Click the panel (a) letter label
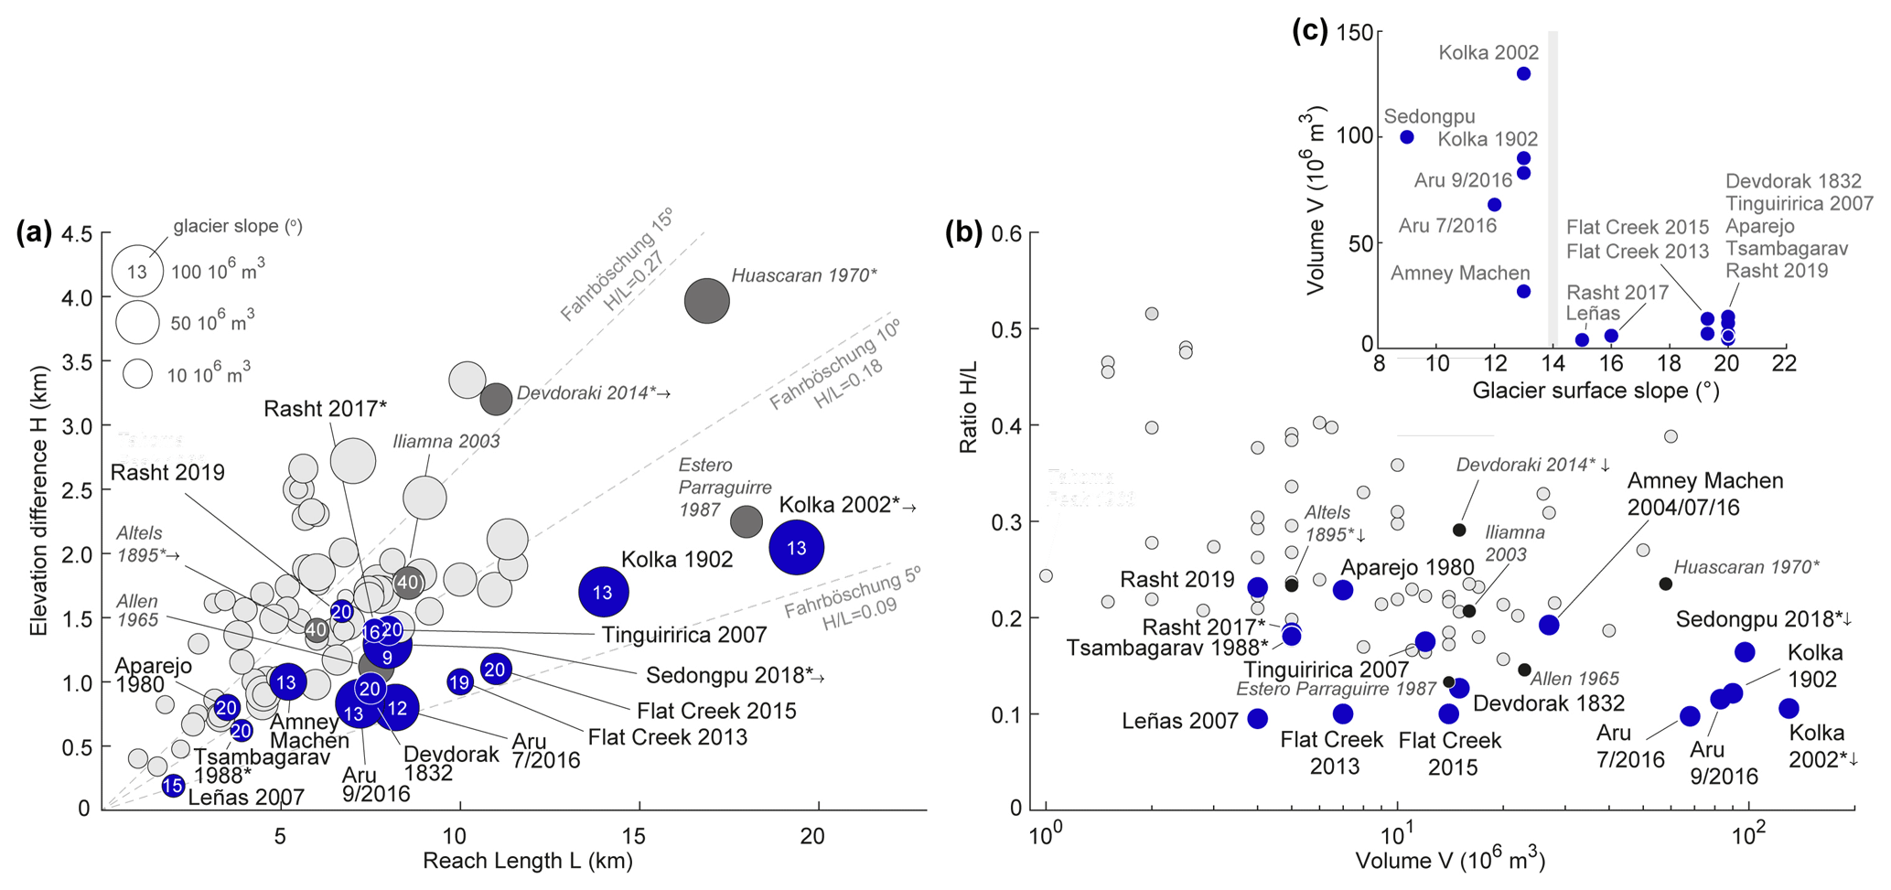pyautogui.click(x=34, y=233)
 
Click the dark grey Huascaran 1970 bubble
pyautogui.click(x=707, y=301)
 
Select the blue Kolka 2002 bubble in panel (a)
pyautogui.click(x=797, y=548)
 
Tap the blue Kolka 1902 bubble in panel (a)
pyautogui.click(x=603, y=593)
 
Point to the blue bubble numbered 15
pyautogui.click(x=173, y=786)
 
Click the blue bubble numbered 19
pyautogui.click(x=459, y=682)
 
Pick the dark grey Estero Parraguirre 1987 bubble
pyautogui.click(x=747, y=520)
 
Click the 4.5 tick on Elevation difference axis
pyautogui.click(x=78, y=234)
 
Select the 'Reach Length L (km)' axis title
pyautogui.click(x=527, y=862)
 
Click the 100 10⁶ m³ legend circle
pyautogui.click(x=137, y=271)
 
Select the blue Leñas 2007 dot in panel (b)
pyautogui.click(x=1258, y=719)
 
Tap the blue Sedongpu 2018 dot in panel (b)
pyautogui.click(x=1745, y=652)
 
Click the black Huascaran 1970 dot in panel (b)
pyautogui.click(x=1666, y=584)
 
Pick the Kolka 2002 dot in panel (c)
pyautogui.click(x=1523, y=74)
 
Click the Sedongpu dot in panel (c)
pyautogui.click(x=1407, y=137)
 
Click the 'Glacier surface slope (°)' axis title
pyautogui.click(x=1596, y=391)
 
